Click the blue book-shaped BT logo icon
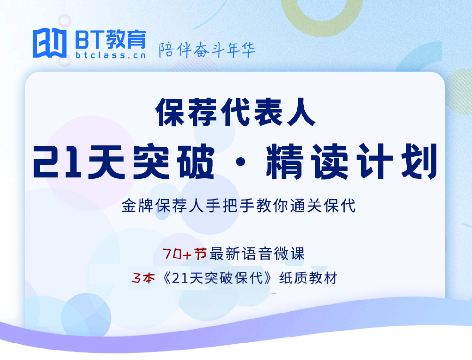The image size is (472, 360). pyautogui.click(x=50, y=43)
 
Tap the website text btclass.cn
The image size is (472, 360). pyautogui.click(x=111, y=55)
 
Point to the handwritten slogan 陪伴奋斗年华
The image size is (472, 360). pyautogui.click(x=207, y=50)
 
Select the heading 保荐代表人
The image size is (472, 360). pyautogui.click(x=236, y=112)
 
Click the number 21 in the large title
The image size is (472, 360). pyautogui.click(x=57, y=161)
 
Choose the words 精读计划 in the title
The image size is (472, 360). pyautogui.click(x=352, y=161)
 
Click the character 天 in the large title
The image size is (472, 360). pyautogui.click(x=107, y=161)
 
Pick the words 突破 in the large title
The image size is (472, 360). pyautogui.click(x=174, y=161)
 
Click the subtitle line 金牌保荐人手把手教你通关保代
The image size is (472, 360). pyautogui.click(x=238, y=206)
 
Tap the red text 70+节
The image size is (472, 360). pyautogui.click(x=184, y=254)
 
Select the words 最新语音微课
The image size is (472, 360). pyautogui.click(x=257, y=254)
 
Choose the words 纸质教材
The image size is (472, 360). pyautogui.click(x=308, y=278)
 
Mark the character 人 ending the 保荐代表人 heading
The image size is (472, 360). pyautogui.click(x=301, y=112)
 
